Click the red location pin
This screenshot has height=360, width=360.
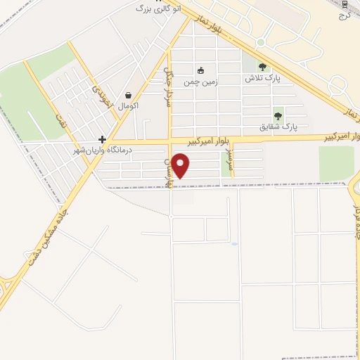181,166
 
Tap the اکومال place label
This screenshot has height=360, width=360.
128,105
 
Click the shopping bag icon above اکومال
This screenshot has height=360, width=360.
128,95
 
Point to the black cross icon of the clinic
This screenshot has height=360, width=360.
103,139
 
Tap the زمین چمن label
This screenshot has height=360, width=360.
200,82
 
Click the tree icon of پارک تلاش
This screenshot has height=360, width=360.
262,67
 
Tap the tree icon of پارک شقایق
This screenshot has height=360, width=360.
278,116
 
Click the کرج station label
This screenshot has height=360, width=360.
344,13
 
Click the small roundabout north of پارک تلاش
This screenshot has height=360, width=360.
261,42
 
